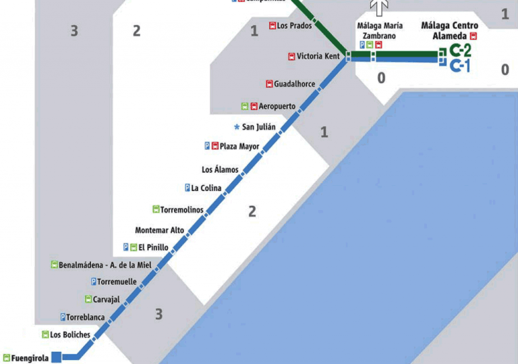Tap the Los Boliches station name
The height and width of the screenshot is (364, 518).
pyautogui.click(x=70, y=334)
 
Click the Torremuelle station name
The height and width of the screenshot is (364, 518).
pyautogui.click(x=117, y=282)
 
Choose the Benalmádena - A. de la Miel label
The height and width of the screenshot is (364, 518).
pyautogui.click(x=105, y=265)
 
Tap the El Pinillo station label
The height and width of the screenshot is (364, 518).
pyautogui.click(x=153, y=247)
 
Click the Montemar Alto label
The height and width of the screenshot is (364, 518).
pyautogui.click(x=159, y=230)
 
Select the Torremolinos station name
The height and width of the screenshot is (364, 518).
pyautogui.click(x=181, y=210)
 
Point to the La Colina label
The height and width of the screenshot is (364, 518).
pyautogui.click(x=206, y=188)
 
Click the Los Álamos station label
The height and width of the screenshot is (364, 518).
pyautogui.click(x=220, y=170)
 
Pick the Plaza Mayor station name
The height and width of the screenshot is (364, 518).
pyautogui.click(x=239, y=146)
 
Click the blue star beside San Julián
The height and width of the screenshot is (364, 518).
pyautogui.click(x=237, y=127)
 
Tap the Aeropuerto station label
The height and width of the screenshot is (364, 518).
pyautogui.click(x=277, y=106)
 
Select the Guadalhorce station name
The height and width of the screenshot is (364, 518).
pyautogui.click(x=294, y=84)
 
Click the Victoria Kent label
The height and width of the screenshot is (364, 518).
pyautogui.click(x=318, y=57)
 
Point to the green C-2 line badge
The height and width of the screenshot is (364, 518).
pyautogui.click(x=460, y=50)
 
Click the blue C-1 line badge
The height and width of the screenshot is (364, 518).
pyautogui.click(x=460, y=66)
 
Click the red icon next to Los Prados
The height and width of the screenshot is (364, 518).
pyautogui.click(x=272, y=26)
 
